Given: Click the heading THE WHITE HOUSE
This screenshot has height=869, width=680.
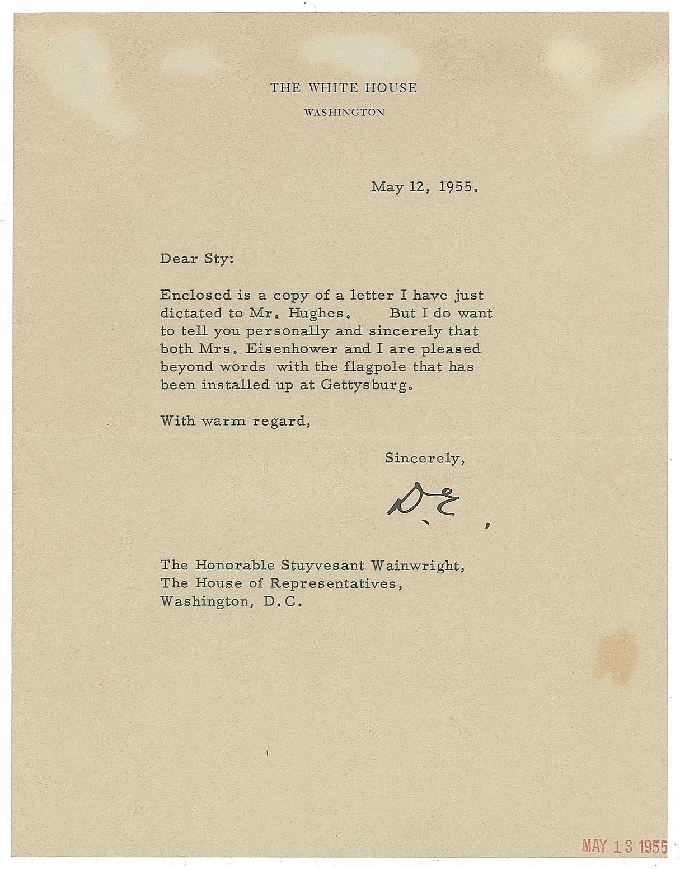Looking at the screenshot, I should coord(344,88).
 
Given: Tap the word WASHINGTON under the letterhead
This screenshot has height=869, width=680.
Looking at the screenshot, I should coord(344,112).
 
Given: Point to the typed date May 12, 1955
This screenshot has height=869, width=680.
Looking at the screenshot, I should coord(424,187).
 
